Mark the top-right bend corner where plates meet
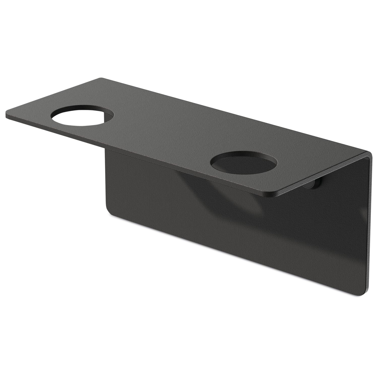369,154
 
